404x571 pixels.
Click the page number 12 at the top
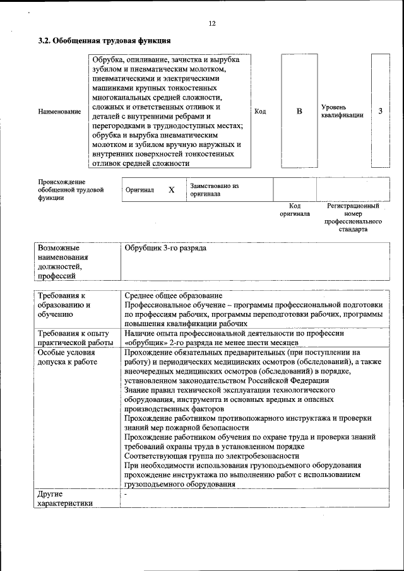(212, 23)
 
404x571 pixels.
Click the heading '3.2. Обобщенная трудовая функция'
(104, 41)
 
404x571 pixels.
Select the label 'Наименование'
(59, 112)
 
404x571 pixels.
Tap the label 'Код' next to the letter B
(260, 112)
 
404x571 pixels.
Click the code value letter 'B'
(299, 112)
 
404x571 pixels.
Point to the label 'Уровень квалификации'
(342, 112)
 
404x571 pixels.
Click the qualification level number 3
(380, 112)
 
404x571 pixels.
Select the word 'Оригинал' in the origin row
(140, 190)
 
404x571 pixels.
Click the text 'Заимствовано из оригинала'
(215, 190)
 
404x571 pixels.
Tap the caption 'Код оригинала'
(295, 210)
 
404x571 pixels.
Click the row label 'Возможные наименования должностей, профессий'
(63, 262)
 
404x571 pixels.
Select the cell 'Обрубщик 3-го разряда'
(165, 249)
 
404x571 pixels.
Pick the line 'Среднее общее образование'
(174, 296)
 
